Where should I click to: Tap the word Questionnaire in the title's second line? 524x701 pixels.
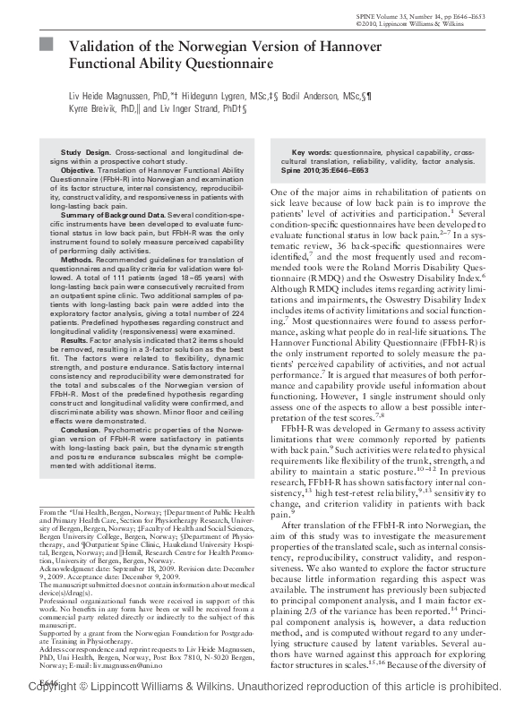(228, 64)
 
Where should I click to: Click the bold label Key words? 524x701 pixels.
(313, 153)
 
